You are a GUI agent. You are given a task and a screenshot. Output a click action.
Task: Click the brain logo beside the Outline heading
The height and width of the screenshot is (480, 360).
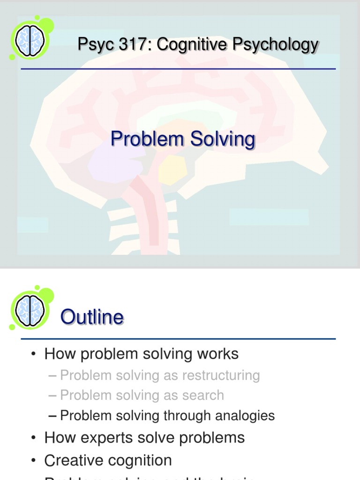pyautogui.click(x=30, y=310)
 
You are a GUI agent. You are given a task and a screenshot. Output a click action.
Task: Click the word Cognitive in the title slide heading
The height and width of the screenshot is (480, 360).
pyautogui.click(x=191, y=45)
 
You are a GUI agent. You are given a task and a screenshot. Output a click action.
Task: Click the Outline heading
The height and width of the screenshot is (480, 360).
pyautogui.click(x=92, y=317)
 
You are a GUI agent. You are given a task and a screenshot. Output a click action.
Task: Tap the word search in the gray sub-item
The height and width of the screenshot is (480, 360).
pyautogui.click(x=203, y=395)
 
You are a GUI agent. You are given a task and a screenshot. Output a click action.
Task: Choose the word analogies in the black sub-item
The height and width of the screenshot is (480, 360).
pyautogui.click(x=246, y=415)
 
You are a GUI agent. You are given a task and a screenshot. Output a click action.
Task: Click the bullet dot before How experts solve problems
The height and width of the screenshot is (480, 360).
pyautogui.click(x=33, y=438)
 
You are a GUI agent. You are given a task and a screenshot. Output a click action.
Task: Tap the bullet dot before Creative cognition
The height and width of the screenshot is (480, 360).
pyautogui.click(x=33, y=460)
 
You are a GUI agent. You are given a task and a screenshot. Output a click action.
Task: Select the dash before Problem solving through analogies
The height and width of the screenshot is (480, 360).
pyautogui.click(x=52, y=415)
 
